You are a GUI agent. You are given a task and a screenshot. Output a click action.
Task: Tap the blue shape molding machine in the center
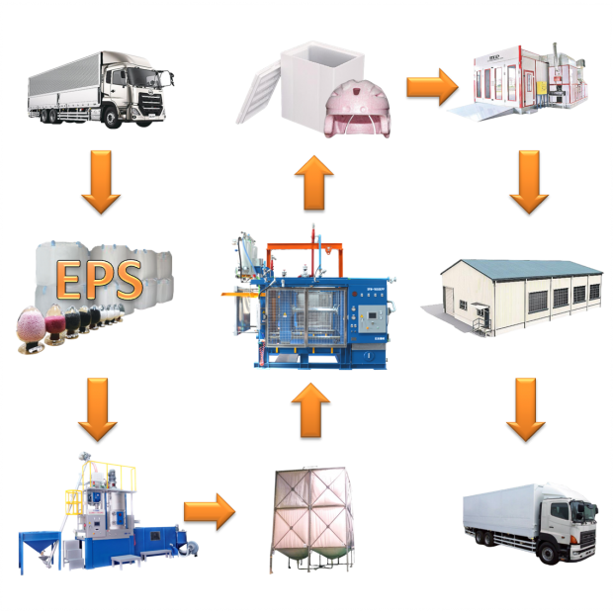[311, 303]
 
